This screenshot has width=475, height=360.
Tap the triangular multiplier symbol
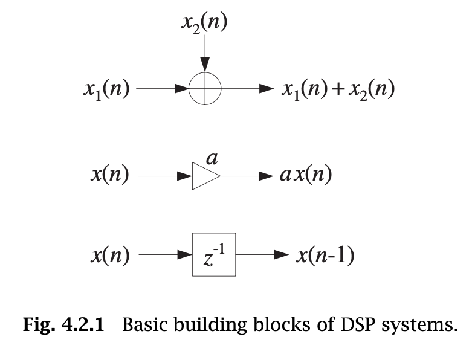[204, 176]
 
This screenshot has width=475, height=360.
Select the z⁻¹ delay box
[214, 256]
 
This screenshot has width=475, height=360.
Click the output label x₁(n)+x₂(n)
[338, 91]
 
